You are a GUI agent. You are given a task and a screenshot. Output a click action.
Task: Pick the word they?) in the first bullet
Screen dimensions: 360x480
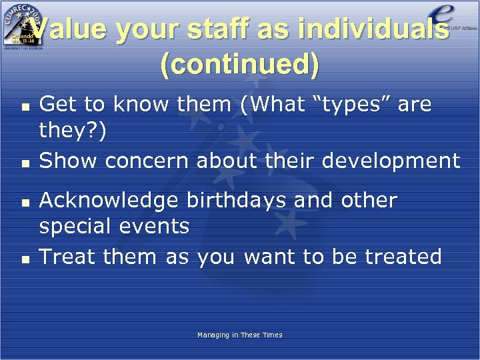[x=72, y=131]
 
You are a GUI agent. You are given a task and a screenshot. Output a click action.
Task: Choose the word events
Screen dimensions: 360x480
[x=157, y=227]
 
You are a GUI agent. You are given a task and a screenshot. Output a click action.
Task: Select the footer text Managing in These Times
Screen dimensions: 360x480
[x=239, y=335]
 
